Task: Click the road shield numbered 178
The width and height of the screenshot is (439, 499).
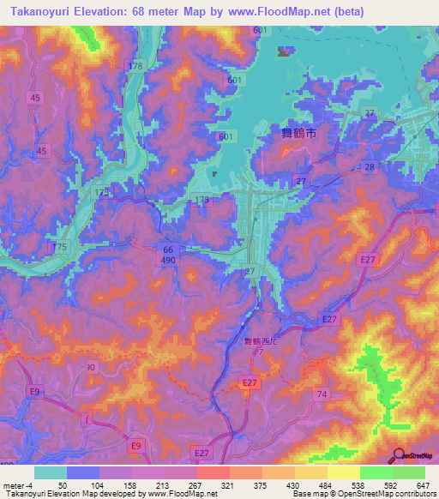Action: [135, 66]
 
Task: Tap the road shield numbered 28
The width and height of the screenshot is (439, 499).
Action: [370, 165]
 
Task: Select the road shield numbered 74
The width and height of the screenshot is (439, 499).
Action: [322, 394]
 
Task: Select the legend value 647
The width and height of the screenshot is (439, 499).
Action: [424, 485]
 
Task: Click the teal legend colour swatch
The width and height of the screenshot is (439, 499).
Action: [51, 472]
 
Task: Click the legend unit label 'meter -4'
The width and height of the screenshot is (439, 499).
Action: [18, 485]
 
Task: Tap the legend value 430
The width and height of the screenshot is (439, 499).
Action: [292, 485]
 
